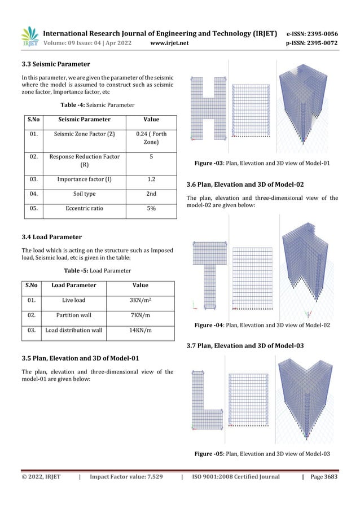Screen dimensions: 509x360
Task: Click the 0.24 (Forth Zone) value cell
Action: [151, 139]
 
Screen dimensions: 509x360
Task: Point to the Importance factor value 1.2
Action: [151, 179]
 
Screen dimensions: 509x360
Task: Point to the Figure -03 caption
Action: [262, 164]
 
